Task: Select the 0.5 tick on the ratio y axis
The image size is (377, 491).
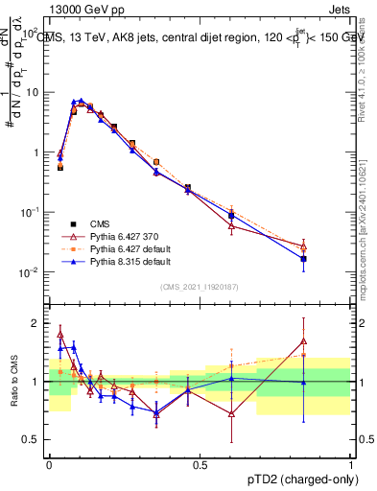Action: pyautogui.click(x=34, y=439)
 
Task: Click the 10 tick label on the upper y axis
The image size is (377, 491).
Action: pyautogui.click(x=33, y=92)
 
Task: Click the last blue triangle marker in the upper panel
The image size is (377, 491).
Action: pyautogui.click(x=304, y=258)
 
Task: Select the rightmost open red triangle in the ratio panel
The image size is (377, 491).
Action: pyautogui.click(x=304, y=340)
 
